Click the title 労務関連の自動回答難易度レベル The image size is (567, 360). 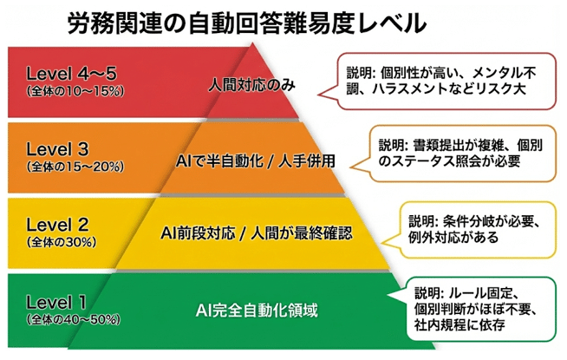point(247,23)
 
